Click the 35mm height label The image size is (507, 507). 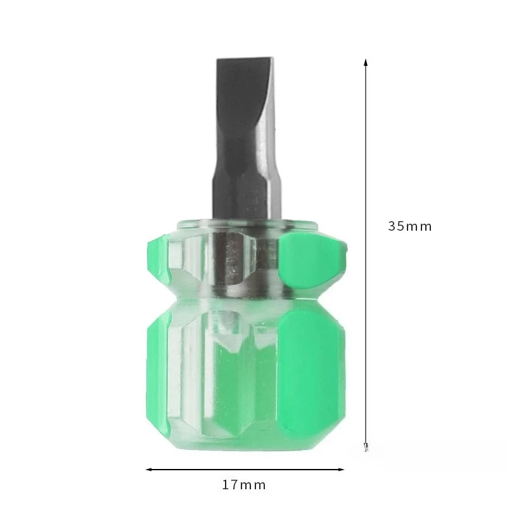pos(410,226)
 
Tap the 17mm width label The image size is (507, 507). pos(244,485)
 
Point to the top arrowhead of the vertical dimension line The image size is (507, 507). pos(366,62)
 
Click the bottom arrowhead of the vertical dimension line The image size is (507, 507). pos(366,446)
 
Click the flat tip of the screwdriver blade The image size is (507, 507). pos(248,61)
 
